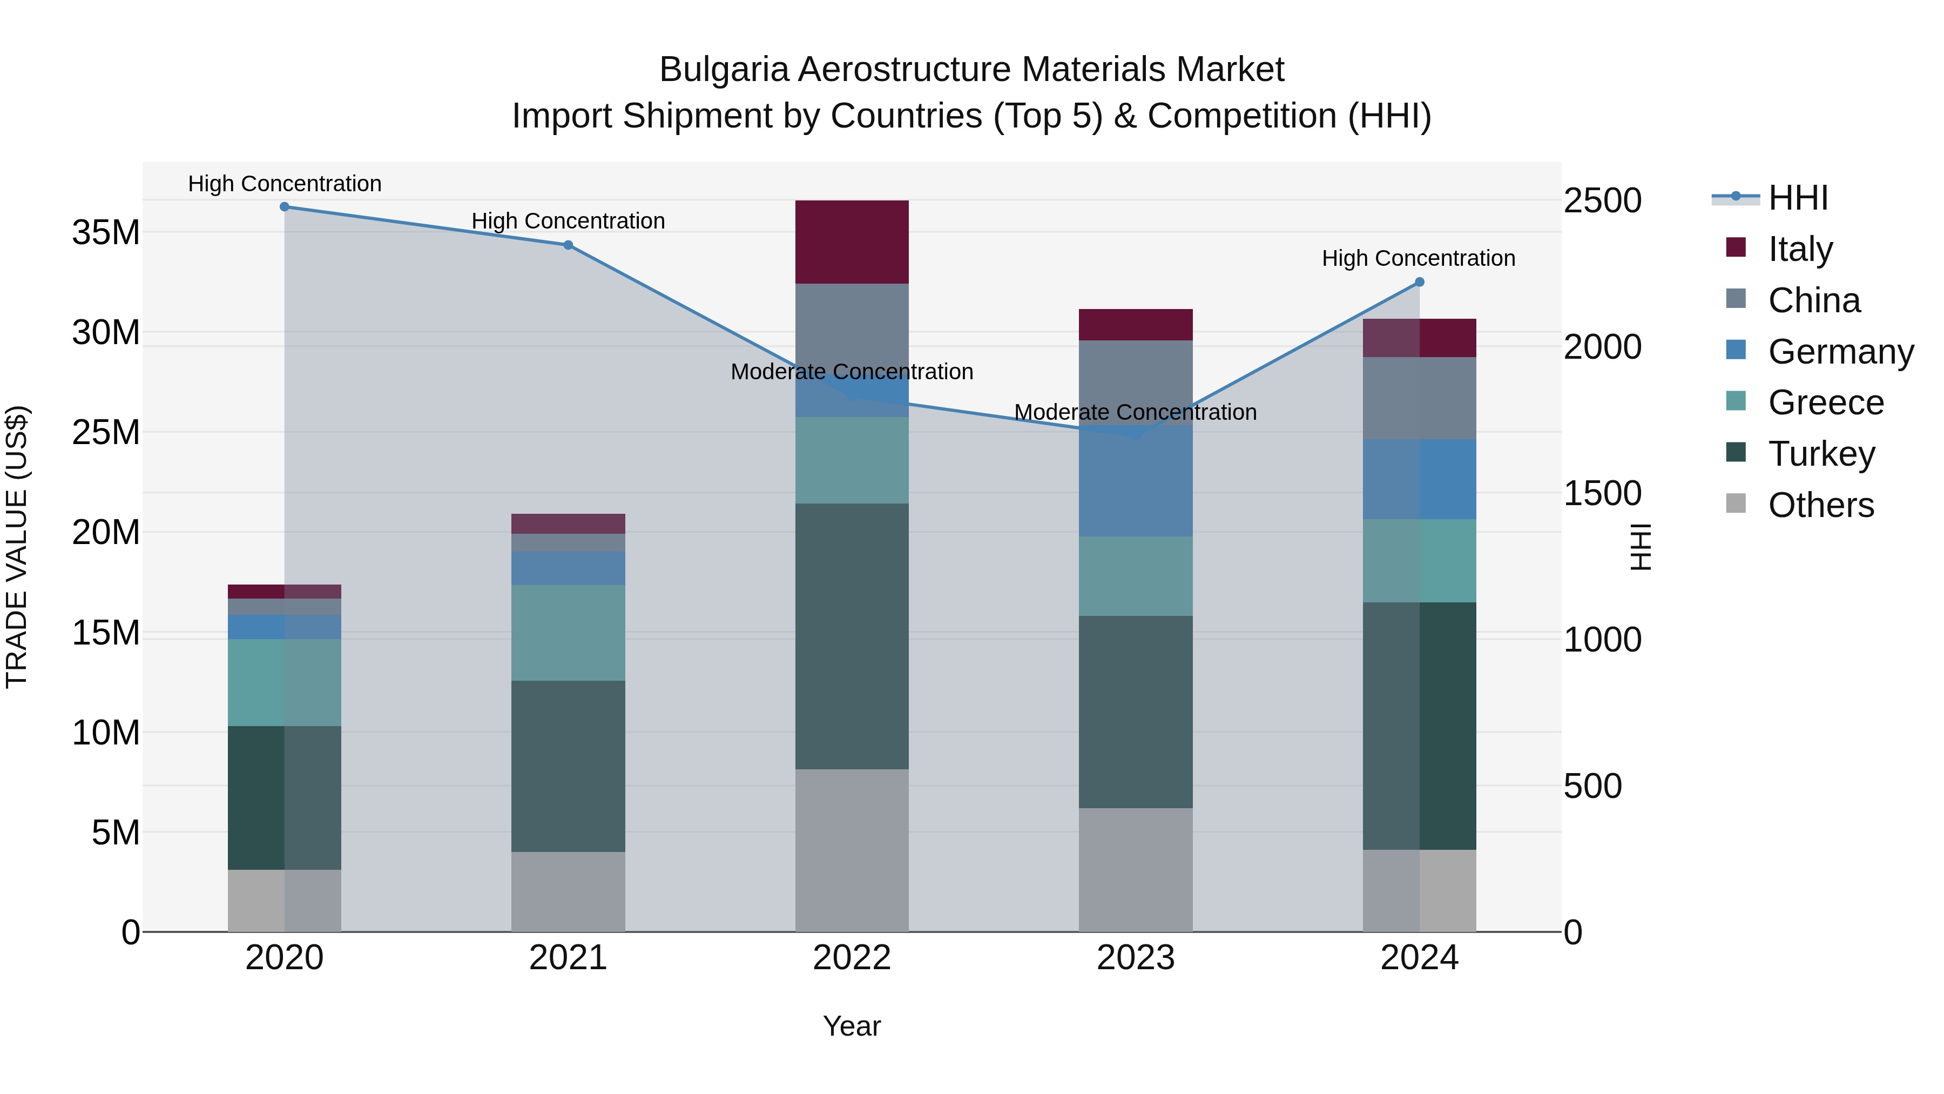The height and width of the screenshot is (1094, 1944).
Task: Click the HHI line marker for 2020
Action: pos(285,207)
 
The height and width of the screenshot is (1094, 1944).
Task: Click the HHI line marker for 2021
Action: pos(568,245)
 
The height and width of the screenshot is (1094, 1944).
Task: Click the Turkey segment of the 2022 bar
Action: pos(852,636)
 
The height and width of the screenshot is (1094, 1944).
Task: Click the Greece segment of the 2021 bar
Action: pos(568,633)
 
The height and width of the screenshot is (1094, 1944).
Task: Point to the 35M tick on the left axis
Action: pos(106,232)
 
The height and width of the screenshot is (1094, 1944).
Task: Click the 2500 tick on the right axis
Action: pos(1602,201)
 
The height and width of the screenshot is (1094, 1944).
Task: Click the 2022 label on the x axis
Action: pos(852,958)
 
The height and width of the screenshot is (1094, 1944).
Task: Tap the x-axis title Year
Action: pos(852,1026)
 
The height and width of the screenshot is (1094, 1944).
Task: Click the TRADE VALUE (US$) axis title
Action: pos(17,547)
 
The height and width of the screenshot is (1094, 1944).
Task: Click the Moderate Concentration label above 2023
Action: pos(1135,412)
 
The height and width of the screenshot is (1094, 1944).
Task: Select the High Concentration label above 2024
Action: pos(1418,258)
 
